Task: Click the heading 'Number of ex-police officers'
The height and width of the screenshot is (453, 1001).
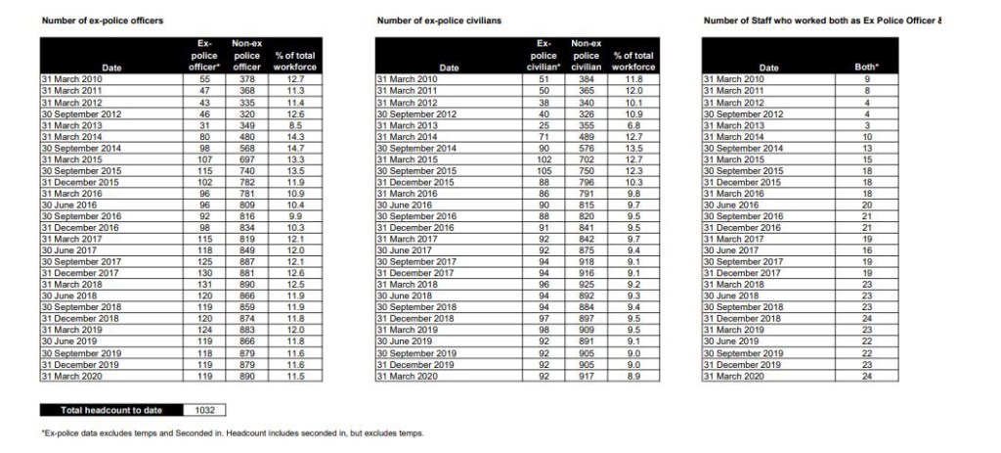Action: [x=102, y=21]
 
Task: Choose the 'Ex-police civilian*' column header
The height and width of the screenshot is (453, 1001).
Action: [x=544, y=56]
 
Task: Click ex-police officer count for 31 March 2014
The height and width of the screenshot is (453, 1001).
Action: [x=205, y=137]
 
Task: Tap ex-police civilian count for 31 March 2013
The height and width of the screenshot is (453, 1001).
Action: [x=544, y=126]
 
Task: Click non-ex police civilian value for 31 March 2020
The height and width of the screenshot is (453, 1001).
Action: [x=585, y=376]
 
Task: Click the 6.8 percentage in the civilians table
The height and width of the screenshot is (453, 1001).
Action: [x=632, y=126]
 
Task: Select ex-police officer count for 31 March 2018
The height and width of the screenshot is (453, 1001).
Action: [x=205, y=285]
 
